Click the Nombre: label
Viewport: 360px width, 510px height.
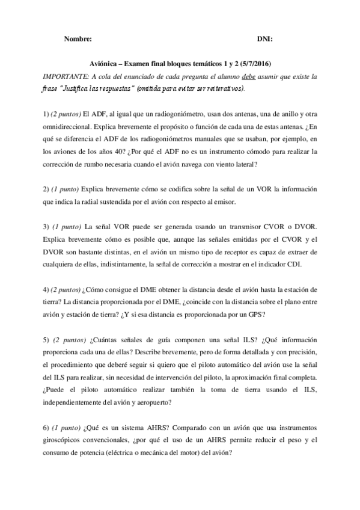point(77,38)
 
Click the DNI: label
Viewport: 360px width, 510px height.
point(264,38)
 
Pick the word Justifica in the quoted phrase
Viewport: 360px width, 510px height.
point(76,87)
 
